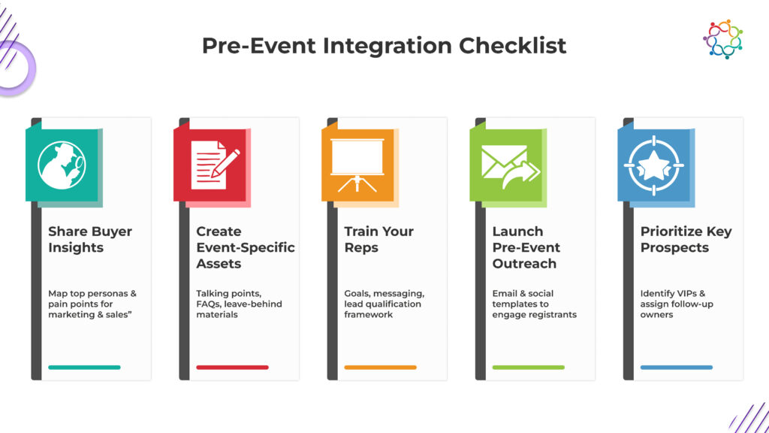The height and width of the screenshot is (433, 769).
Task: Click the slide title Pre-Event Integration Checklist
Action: click(384, 46)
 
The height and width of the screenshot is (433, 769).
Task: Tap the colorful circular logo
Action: click(723, 39)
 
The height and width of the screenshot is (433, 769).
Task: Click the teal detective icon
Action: click(62, 165)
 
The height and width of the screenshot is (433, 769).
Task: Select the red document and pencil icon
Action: click(215, 165)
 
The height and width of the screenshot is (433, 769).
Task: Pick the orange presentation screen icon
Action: click(357, 165)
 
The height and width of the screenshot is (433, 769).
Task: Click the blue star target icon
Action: click(654, 165)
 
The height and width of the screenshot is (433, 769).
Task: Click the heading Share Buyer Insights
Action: click(90, 239)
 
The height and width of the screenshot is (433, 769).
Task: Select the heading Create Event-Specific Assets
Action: click(246, 247)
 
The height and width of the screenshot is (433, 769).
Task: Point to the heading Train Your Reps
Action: click(378, 239)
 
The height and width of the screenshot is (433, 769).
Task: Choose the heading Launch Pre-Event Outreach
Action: click(526, 247)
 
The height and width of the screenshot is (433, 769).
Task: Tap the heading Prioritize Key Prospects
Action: click(686, 239)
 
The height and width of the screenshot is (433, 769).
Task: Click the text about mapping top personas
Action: click(92, 304)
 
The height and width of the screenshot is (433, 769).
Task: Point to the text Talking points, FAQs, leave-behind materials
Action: click(239, 304)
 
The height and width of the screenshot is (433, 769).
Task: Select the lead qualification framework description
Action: click(384, 304)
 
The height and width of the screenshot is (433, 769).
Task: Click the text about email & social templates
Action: click(534, 304)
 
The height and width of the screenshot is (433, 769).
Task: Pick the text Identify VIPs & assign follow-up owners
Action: click(677, 304)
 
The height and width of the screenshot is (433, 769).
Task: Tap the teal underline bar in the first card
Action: click(84, 367)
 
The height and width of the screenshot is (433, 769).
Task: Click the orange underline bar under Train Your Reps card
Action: click(380, 367)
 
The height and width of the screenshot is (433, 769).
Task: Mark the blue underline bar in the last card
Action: click(677, 367)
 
